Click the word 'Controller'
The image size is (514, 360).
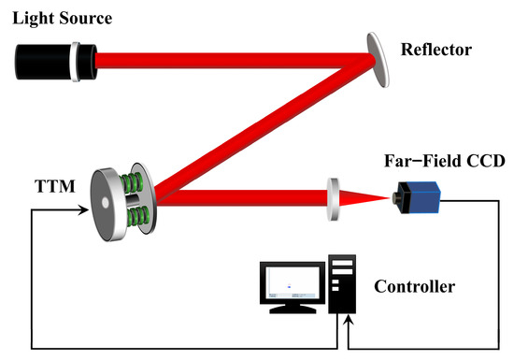coord(414,286)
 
